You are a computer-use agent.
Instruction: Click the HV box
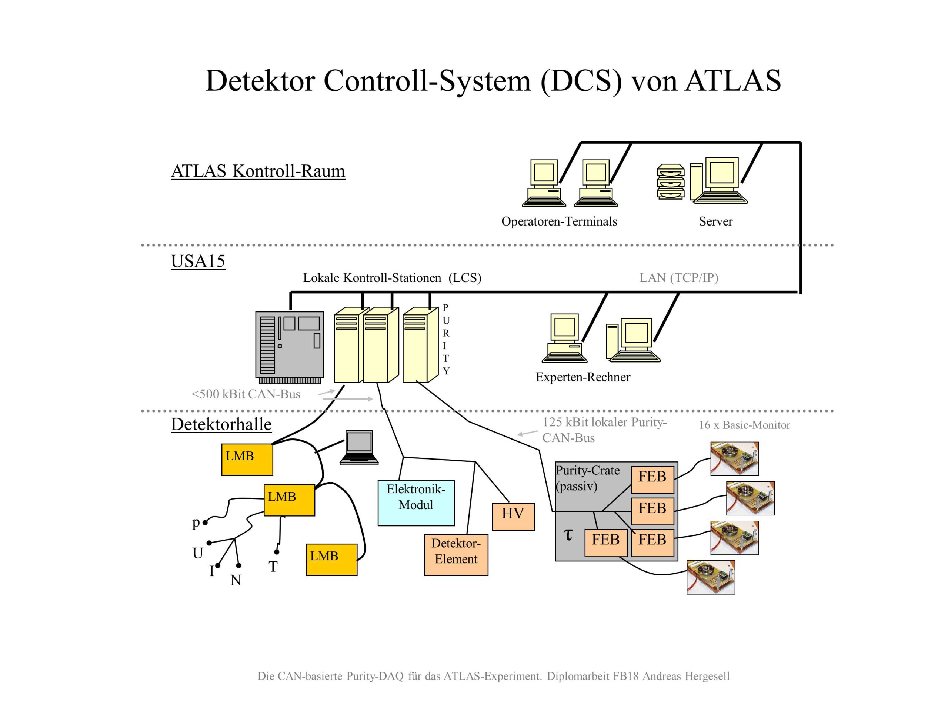(513, 517)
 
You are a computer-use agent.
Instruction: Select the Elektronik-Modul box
(416, 503)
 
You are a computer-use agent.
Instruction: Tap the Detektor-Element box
(456, 555)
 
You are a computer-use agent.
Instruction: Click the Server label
(715, 221)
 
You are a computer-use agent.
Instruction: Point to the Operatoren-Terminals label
(559, 221)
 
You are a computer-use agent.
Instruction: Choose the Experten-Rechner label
(583, 377)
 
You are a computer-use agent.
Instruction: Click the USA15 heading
(198, 261)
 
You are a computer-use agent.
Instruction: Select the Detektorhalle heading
(221, 424)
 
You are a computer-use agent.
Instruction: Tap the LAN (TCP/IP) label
(678, 278)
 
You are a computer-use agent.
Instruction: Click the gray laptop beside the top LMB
(359, 447)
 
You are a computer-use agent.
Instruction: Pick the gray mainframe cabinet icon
(289, 347)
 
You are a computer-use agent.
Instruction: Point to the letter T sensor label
(273, 567)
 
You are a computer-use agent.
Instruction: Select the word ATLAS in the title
(732, 81)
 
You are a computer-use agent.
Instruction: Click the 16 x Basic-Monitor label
(744, 425)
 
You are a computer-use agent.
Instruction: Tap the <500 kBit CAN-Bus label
(246, 394)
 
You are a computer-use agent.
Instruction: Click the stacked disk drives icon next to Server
(670, 182)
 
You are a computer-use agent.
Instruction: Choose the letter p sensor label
(196, 523)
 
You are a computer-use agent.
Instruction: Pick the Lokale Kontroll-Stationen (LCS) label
(392, 278)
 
